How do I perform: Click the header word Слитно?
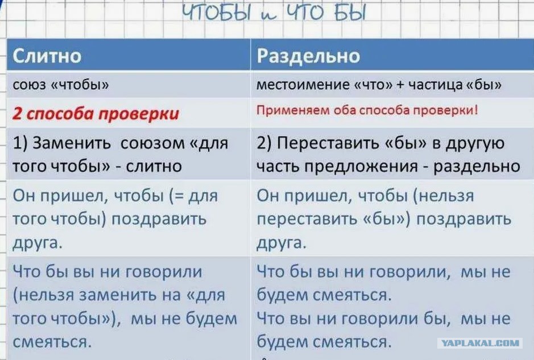[x=47, y=56]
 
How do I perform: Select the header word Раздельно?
[x=308, y=56]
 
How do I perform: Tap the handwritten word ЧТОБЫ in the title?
[x=217, y=13]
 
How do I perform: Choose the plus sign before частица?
[x=400, y=85]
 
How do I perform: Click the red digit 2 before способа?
[x=17, y=113]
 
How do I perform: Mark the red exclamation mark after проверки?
[x=475, y=110]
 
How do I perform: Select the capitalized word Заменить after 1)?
[x=72, y=143]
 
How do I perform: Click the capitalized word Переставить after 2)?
[x=328, y=143]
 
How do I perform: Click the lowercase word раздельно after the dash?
[x=477, y=167]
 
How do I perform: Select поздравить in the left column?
[x=159, y=220]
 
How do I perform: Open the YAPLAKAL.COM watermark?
[x=480, y=344]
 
